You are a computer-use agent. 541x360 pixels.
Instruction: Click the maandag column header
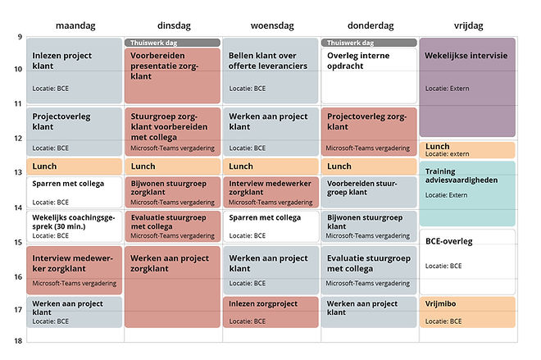[x=74, y=25]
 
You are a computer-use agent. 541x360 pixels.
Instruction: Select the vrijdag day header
[x=467, y=25]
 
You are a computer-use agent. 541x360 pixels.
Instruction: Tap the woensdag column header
[x=270, y=25]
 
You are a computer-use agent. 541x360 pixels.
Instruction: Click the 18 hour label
[x=17, y=340]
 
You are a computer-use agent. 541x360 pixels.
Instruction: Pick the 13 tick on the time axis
[x=17, y=172]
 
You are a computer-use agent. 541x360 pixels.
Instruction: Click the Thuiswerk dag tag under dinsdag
[x=172, y=43]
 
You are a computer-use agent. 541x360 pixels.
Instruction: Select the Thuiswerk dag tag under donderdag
[x=369, y=43]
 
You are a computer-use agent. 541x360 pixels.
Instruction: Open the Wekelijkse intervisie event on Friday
[x=467, y=87]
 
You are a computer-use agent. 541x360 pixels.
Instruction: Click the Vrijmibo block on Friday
[x=467, y=309]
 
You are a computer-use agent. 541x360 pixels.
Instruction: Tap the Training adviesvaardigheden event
[x=467, y=193]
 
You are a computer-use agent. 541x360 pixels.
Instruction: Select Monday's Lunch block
[x=74, y=166]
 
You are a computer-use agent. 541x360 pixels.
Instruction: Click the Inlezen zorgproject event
[x=270, y=312]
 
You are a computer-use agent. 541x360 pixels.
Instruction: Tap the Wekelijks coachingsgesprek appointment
[x=74, y=226]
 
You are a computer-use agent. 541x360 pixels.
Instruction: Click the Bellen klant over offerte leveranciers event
[x=270, y=71]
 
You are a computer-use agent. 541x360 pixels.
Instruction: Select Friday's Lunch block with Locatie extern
[x=467, y=149]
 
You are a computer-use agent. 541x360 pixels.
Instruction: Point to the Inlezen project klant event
[x=74, y=71]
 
